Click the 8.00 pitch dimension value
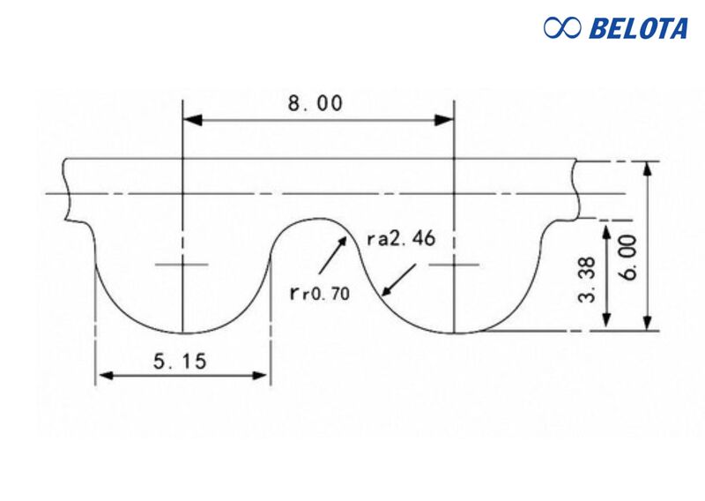(x=315, y=103)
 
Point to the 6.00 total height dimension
(x=630, y=257)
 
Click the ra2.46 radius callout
(x=400, y=240)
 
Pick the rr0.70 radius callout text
(x=319, y=293)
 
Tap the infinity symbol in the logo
(x=562, y=28)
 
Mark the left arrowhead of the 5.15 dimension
(x=102, y=375)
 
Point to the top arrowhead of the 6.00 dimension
(x=649, y=167)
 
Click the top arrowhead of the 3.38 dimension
(x=607, y=228)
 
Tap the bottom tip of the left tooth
(x=182, y=334)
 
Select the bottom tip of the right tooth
(x=453, y=333)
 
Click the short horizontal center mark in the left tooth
(x=182, y=265)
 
